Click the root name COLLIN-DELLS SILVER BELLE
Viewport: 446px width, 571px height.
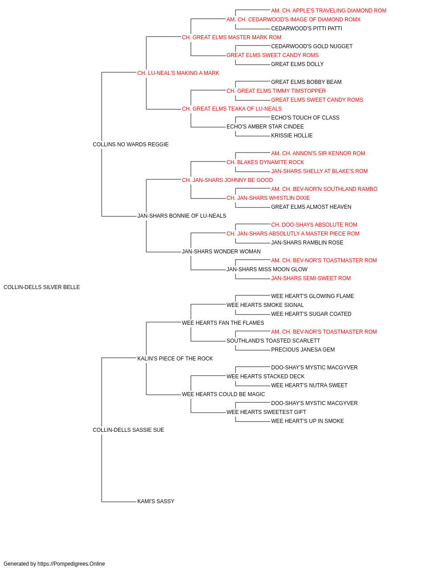pos(41,287)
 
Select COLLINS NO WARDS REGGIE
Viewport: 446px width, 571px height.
pos(131,144)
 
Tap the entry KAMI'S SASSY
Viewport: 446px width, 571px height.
pos(156,501)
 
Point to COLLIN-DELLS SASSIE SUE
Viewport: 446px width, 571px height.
pos(128,430)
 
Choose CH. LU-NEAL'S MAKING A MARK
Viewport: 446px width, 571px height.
pos(178,73)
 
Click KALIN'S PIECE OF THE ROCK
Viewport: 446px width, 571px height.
pos(175,358)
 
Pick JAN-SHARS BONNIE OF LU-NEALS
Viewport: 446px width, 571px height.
pos(182,216)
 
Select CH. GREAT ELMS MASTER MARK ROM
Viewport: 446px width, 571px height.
pos(231,37)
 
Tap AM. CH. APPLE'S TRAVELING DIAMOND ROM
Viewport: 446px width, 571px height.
pos(329,11)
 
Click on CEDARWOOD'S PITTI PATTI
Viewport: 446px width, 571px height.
pos(306,29)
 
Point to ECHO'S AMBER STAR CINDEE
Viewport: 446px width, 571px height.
pos(265,126)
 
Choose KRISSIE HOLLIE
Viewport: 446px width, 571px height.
pos(292,135)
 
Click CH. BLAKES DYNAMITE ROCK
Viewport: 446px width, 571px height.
pos(265,162)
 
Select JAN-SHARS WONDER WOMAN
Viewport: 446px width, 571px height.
pos(221,252)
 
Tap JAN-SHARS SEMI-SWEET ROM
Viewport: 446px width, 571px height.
pos(311,278)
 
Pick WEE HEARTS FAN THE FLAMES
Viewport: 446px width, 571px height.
pos(223,323)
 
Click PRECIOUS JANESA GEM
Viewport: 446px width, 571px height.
pos(303,349)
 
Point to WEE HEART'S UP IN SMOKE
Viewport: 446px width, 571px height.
pos(307,421)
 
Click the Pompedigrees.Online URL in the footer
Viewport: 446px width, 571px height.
pos(71,564)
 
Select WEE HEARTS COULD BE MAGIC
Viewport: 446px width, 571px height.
pos(223,394)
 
